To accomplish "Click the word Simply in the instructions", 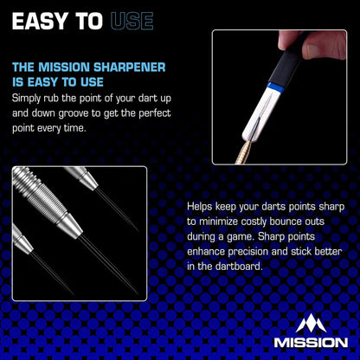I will (x=30, y=98).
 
